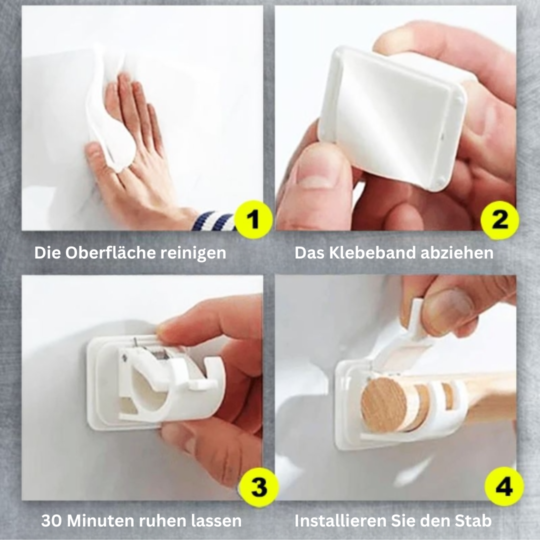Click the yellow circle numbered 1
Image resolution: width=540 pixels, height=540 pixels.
[x=254, y=219]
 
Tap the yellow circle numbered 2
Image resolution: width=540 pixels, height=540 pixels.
[x=500, y=219]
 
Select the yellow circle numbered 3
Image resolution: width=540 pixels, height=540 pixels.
[x=258, y=487]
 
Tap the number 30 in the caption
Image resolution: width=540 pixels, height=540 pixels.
[x=51, y=521]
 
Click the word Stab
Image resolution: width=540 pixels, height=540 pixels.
[x=474, y=521]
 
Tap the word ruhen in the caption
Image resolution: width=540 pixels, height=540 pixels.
[x=160, y=521]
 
